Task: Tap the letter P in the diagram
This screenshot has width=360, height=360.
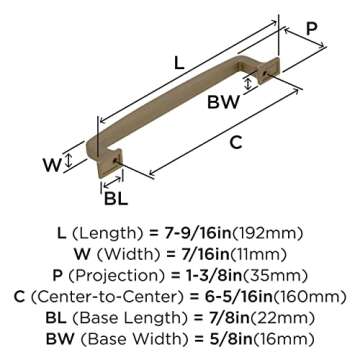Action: [x=311, y=28]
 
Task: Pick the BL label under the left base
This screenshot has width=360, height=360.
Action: [x=116, y=197]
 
